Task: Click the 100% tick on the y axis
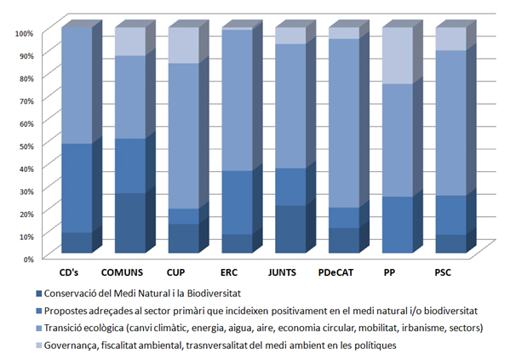[x=24, y=32]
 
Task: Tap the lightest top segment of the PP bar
[x=397, y=56]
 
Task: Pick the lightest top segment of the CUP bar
[x=182, y=45]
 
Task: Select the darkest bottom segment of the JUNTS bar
[x=289, y=229]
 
